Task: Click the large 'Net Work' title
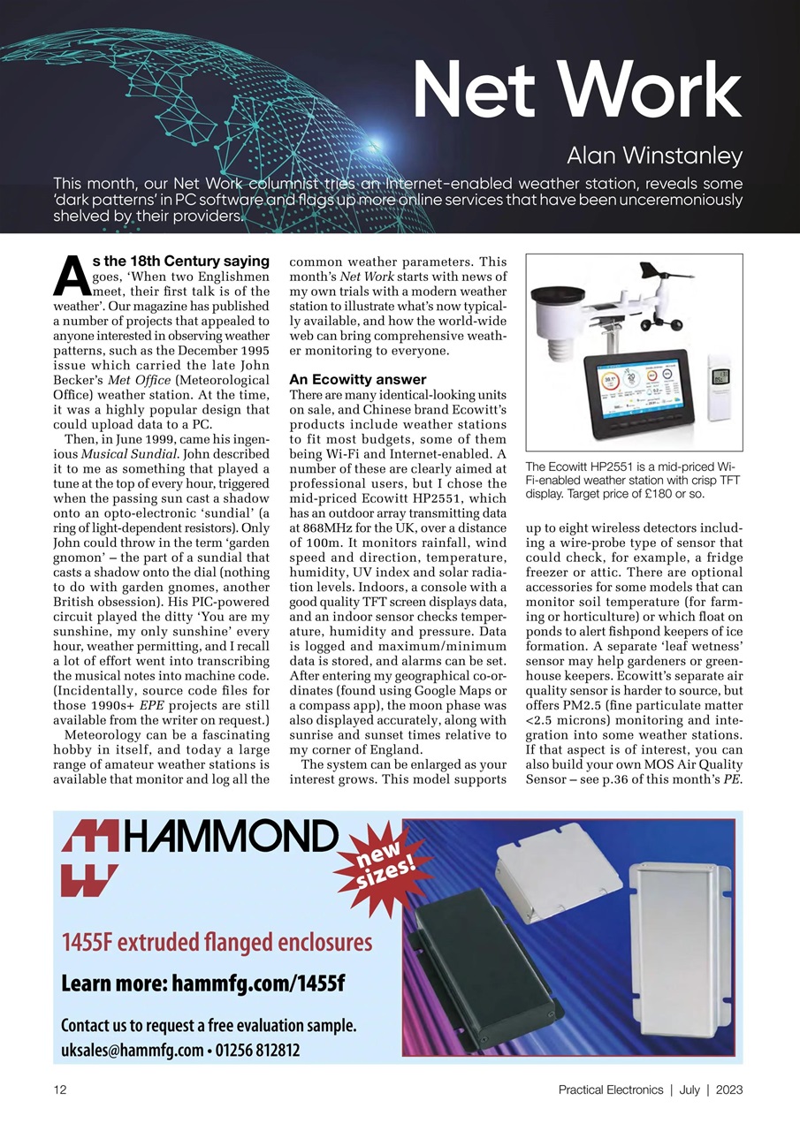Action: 576,89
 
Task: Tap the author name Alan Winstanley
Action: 654,157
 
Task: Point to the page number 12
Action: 60,1089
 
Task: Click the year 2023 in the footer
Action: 729,1089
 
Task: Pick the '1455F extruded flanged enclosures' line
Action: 217,941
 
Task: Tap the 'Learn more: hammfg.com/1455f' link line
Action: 202,983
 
